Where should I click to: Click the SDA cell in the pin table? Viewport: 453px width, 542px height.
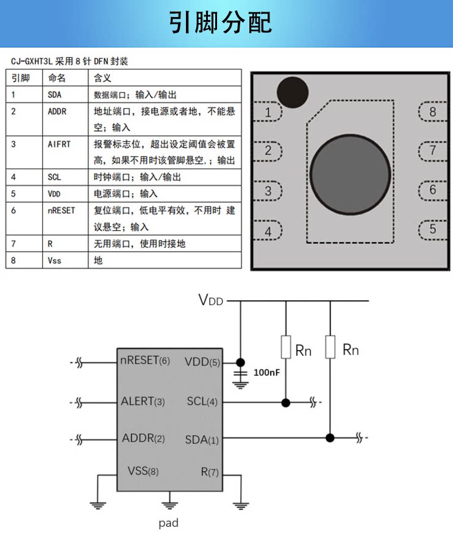click(x=54, y=95)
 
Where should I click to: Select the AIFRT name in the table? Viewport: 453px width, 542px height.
click(x=59, y=144)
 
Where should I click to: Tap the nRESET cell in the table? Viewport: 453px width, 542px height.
click(x=61, y=210)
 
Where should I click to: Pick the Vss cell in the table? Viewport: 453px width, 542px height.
click(x=54, y=260)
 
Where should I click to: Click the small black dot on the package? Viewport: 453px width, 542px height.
click(x=293, y=93)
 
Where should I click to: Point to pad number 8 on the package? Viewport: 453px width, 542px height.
click(x=433, y=111)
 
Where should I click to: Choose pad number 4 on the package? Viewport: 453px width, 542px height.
click(x=268, y=231)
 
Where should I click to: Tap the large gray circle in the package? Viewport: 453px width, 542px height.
click(x=350, y=174)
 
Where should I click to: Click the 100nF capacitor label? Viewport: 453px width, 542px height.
click(x=266, y=372)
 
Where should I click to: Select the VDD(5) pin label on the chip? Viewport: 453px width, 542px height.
click(x=202, y=362)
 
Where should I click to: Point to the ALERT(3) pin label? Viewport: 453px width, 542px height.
click(x=143, y=401)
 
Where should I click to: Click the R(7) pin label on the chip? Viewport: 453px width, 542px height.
click(x=210, y=472)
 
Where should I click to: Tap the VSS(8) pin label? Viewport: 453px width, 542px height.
click(x=143, y=471)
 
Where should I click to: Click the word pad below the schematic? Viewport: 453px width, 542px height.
click(x=168, y=523)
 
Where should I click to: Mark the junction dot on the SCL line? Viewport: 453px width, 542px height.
click(x=286, y=403)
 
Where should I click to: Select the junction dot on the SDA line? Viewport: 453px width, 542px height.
click(x=330, y=438)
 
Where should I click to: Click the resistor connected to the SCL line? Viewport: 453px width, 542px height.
click(x=286, y=347)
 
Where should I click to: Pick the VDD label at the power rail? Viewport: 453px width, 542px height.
click(x=211, y=300)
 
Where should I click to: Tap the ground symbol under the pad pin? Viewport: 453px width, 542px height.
click(x=169, y=505)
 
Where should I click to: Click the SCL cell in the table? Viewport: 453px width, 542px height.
click(x=54, y=177)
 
